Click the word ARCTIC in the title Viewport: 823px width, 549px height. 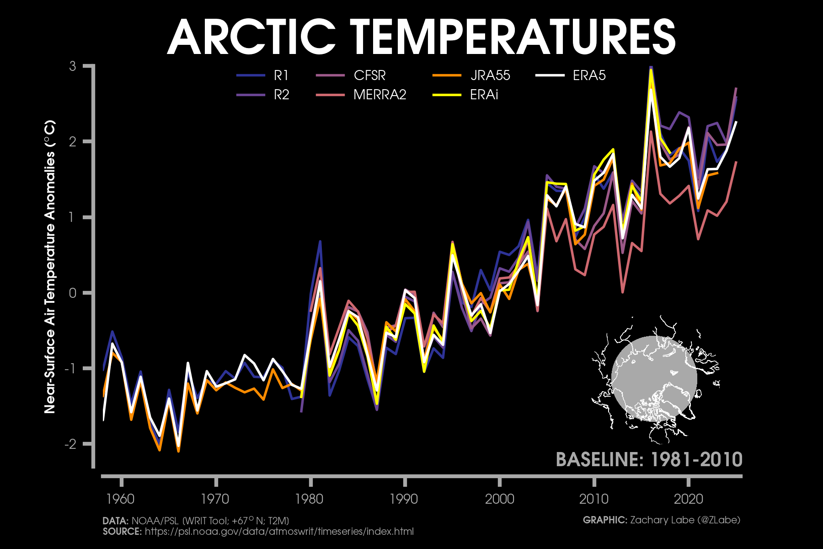click(x=251, y=38)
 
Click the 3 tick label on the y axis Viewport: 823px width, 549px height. click(x=73, y=66)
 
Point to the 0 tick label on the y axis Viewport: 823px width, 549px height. click(x=73, y=293)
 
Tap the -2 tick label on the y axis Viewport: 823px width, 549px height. click(x=70, y=444)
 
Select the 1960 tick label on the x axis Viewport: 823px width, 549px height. click(x=121, y=499)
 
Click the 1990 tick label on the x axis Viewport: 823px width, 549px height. click(x=404, y=499)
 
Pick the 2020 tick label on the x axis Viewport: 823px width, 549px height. click(x=688, y=499)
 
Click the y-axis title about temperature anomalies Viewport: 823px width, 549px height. click(x=50, y=266)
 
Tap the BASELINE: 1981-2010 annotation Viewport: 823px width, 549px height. click(x=649, y=459)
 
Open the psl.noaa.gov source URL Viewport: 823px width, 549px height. click(x=279, y=532)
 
